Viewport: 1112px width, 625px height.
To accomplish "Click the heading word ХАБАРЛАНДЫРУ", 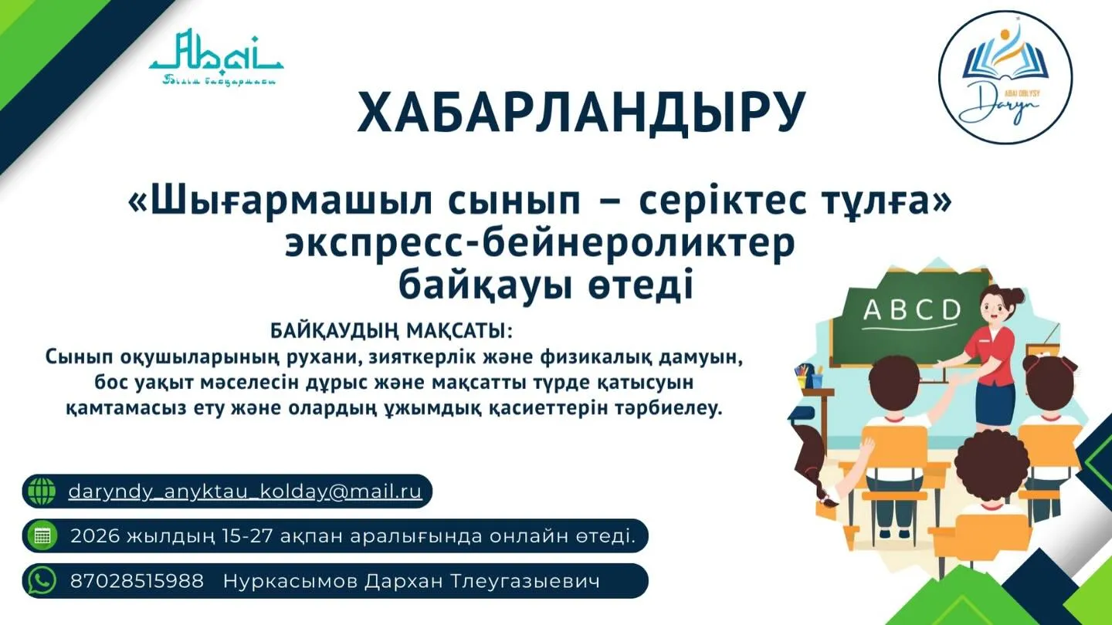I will click(581, 113).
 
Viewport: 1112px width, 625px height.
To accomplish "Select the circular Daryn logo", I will click(1005, 77).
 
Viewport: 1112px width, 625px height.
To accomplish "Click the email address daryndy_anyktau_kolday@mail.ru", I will click(246, 492).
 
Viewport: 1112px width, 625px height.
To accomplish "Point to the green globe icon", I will click(41, 492).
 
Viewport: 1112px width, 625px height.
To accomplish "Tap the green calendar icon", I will click(41, 536).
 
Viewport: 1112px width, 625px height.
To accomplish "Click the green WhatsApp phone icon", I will click(41, 581).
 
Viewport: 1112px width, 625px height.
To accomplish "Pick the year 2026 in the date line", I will click(95, 536).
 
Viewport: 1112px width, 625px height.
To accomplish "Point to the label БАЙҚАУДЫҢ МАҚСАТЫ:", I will click(392, 332).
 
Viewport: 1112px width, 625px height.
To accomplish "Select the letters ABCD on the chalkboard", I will click(911, 310).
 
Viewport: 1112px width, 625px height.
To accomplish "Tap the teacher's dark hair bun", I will click(1015, 296).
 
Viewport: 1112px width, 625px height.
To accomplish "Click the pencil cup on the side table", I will click(809, 379).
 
